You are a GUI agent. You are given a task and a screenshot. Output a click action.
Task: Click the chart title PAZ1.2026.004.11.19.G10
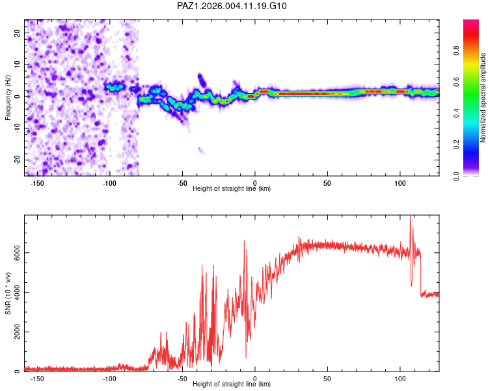click(232, 6)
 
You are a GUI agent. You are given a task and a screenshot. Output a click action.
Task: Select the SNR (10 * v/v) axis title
click(8, 293)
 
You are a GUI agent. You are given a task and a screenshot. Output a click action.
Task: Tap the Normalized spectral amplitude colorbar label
click(483, 98)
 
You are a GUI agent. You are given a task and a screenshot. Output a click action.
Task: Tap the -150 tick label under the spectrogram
click(37, 183)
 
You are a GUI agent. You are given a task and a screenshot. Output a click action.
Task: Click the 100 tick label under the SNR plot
click(400, 379)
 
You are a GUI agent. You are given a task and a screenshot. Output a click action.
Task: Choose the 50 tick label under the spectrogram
click(327, 183)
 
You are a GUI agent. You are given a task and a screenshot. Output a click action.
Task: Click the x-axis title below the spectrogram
click(232, 189)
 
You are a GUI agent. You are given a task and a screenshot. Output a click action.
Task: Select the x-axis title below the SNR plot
click(232, 384)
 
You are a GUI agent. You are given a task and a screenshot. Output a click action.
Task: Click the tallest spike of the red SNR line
click(410, 218)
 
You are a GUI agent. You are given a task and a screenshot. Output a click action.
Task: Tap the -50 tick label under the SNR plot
click(182, 379)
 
